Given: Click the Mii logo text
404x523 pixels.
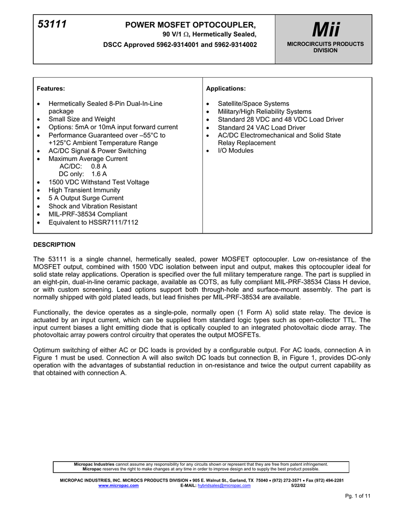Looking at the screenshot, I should point(325,29).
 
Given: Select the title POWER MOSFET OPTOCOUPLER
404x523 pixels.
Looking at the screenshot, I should point(191,25).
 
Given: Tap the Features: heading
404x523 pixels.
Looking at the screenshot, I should point(52,88).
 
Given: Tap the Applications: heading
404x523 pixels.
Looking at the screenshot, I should point(226,88).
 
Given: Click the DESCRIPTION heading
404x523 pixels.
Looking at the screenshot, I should point(54,245).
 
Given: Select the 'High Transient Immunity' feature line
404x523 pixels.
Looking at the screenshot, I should point(84,190).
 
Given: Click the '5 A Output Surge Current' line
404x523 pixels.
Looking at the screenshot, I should point(86,198).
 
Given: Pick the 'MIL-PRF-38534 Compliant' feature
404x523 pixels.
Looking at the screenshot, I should point(88,214).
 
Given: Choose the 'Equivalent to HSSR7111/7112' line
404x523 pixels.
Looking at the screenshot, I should point(93,222).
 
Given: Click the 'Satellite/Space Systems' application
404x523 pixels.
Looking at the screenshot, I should point(253,103).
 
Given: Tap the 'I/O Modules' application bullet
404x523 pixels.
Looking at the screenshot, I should point(235,151).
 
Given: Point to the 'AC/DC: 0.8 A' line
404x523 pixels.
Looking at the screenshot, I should point(83,167).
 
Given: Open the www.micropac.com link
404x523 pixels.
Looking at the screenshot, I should point(118,486).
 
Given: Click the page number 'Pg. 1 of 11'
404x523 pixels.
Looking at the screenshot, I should point(358,496).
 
